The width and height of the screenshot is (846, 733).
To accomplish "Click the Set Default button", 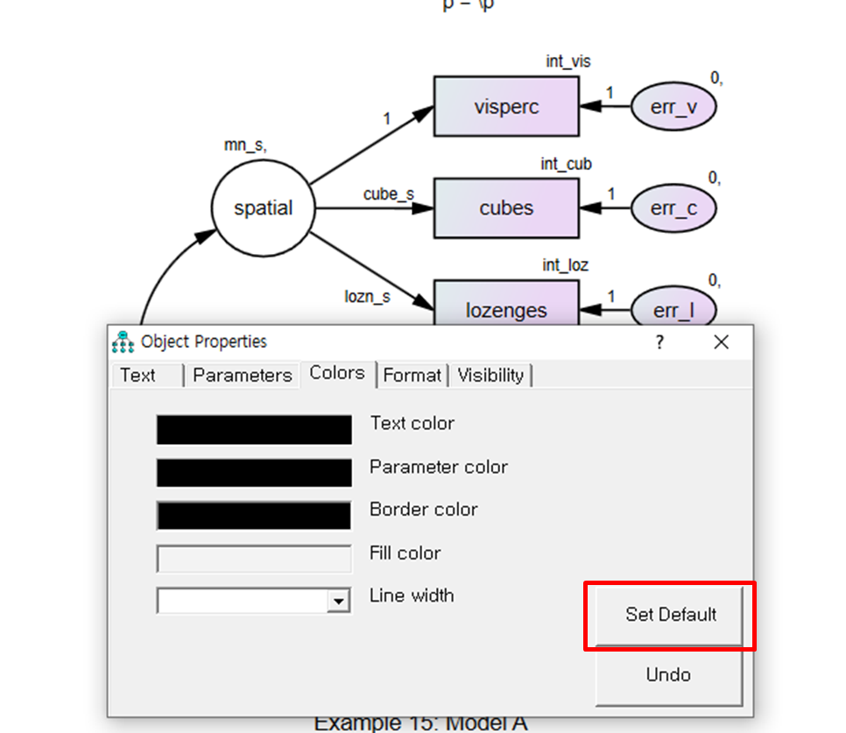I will (x=670, y=615).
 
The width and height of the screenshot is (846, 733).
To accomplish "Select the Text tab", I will (x=138, y=375).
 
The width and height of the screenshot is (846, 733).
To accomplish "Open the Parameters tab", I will (x=242, y=375).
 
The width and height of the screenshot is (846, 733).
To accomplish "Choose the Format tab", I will (x=412, y=375).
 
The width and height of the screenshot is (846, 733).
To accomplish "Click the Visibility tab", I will (x=490, y=375).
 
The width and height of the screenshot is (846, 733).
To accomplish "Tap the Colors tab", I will (x=337, y=373).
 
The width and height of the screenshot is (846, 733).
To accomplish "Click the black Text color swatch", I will (x=254, y=430).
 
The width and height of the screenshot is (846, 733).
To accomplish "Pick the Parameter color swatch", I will (x=254, y=472).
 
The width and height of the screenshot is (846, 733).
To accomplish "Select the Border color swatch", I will (x=254, y=515).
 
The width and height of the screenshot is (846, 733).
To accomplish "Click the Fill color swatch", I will (x=254, y=558).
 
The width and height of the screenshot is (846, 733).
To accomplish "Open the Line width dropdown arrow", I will (x=337, y=601).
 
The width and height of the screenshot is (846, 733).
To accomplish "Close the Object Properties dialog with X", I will (x=721, y=342).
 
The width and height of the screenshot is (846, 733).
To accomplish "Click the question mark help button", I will (x=659, y=342).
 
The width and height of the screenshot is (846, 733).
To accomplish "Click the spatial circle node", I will (x=263, y=208).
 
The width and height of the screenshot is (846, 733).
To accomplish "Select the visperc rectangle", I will (x=506, y=107).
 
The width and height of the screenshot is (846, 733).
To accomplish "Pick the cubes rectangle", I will (x=506, y=208).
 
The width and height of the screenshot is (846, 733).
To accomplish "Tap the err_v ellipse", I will (x=673, y=107).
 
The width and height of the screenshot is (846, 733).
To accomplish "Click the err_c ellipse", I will (x=673, y=208).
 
